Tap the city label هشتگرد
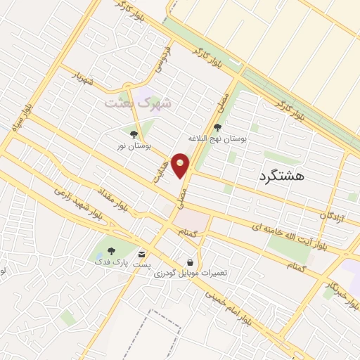click(281, 176)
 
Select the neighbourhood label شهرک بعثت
click(138, 103)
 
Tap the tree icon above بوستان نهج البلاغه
click(217, 127)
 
